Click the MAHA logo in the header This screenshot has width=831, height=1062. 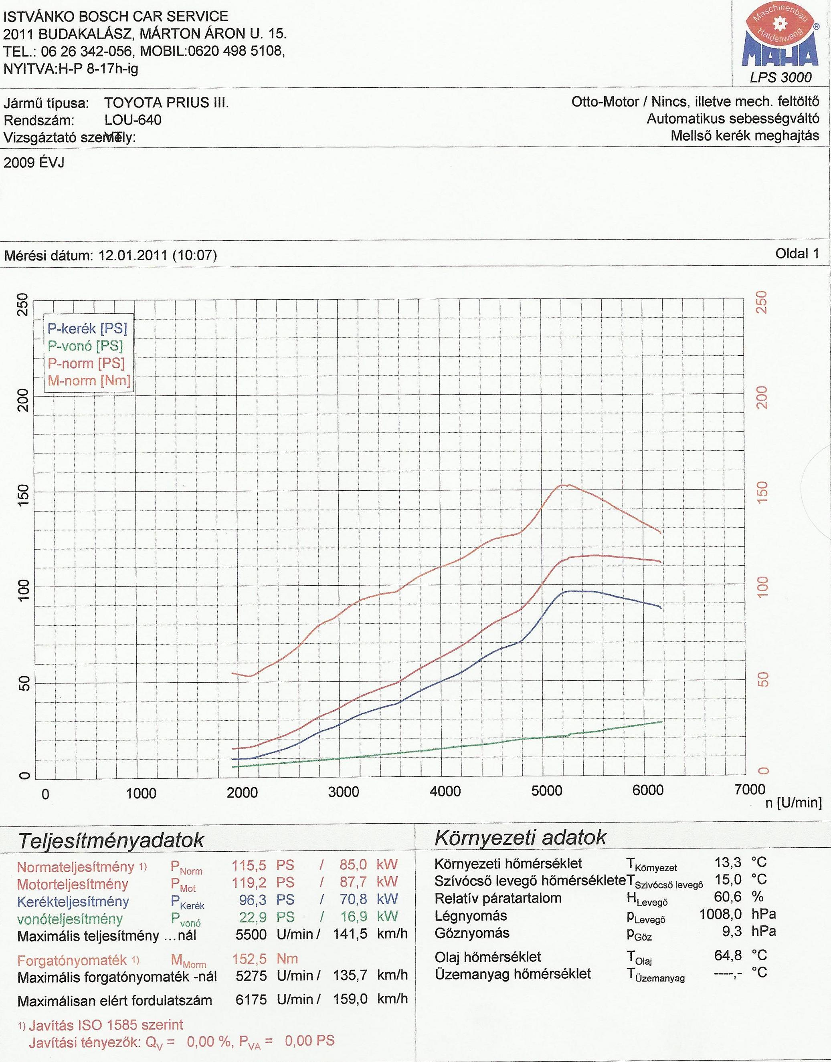(x=780, y=41)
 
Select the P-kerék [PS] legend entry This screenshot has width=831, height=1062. (x=87, y=329)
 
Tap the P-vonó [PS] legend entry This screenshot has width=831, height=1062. (x=85, y=346)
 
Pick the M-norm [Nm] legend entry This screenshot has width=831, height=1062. (x=89, y=380)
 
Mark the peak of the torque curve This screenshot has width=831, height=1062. (x=564, y=485)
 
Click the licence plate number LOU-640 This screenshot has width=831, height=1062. (x=132, y=120)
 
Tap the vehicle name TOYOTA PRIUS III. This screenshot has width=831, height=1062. (x=166, y=103)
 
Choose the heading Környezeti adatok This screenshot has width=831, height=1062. (x=521, y=837)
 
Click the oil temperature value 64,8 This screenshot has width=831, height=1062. (x=728, y=955)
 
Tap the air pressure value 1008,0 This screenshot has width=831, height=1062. (x=720, y=914)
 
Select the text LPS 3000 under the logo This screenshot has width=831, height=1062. (x=781, y=77)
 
